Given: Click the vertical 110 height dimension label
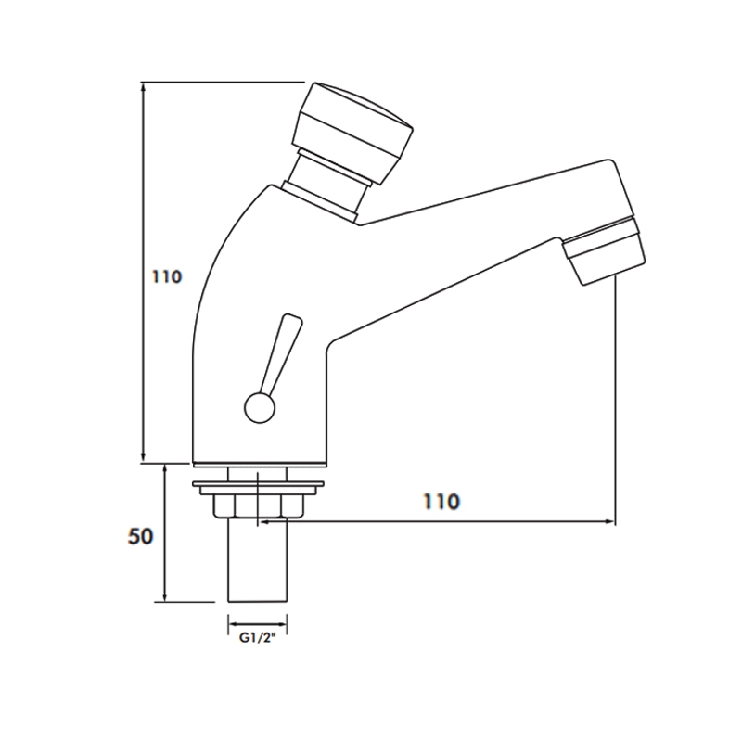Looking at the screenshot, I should point(164,276).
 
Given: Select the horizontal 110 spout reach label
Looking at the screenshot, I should point(441,502).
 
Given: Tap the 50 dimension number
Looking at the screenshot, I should point(139,536).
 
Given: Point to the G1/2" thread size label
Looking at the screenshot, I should point(257,639).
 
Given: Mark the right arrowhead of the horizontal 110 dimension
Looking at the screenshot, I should point(610,523).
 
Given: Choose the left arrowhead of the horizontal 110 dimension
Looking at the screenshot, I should point(265,523).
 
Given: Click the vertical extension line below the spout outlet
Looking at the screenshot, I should point(616,399).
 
